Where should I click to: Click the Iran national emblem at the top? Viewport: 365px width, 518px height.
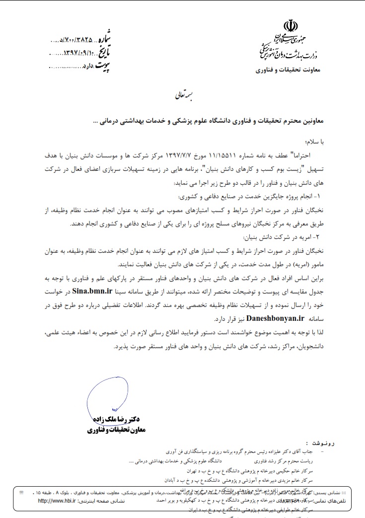point(290,26)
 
